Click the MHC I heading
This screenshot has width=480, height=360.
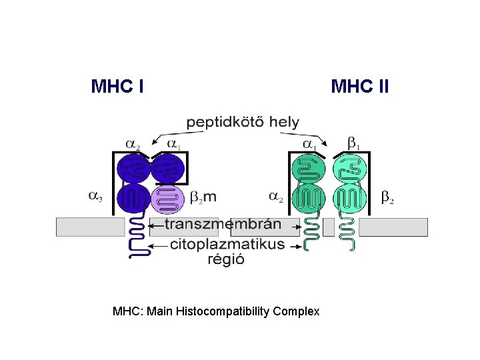117,87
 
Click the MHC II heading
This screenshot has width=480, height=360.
360,87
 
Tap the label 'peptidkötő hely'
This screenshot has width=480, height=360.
242,123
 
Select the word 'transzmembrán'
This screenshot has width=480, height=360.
223,225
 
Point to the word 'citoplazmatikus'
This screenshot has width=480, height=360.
227,244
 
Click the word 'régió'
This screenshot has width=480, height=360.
225,259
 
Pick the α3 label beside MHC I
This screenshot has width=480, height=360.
96,196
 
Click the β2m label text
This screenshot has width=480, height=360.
203,197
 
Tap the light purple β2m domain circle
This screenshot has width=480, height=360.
167,198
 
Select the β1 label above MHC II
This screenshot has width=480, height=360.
353,143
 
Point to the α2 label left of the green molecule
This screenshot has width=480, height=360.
275,197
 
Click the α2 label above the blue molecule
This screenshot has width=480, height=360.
133,144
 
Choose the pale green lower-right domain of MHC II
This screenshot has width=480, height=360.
351,198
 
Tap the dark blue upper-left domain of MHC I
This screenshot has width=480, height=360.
133,168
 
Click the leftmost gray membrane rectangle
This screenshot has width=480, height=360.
90,227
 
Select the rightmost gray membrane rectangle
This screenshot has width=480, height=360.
393,227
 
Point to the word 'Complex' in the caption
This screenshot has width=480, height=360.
301,311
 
